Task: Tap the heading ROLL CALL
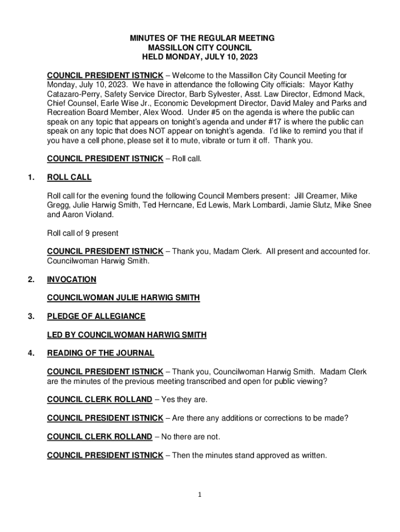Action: [69, 178]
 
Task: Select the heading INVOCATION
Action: [72, 280]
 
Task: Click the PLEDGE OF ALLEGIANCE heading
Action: [96, 316]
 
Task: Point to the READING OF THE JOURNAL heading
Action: [101, 353]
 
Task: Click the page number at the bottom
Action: [199, 495]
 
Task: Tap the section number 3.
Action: [32, 316]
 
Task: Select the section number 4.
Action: [32, 353]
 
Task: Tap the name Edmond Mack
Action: [343, 94]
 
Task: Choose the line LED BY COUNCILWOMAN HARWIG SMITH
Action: [127, 335]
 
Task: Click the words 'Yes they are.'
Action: [184, 400]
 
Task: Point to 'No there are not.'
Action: [191, 437]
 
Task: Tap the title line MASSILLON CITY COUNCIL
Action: [202, 47]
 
